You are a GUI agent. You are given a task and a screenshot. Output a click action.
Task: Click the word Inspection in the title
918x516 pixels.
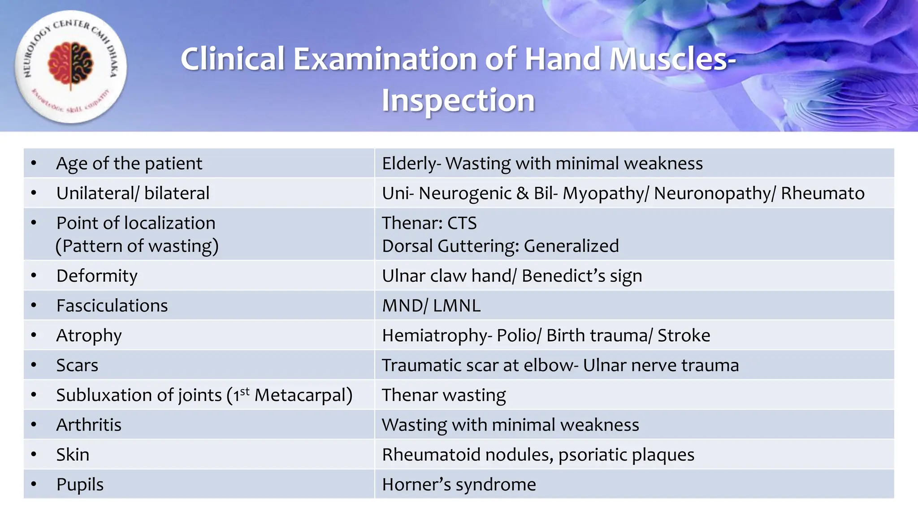coord(458,100)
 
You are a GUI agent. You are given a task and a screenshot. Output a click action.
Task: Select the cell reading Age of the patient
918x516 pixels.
coord(129,163)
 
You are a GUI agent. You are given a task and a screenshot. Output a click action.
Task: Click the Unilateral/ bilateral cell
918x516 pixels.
coord(133,193)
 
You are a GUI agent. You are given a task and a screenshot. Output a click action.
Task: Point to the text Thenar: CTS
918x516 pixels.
coord(429,223)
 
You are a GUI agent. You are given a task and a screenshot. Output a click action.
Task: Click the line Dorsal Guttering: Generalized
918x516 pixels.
coord(500,246)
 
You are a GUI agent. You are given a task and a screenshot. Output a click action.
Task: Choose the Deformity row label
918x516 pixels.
coord(97,276)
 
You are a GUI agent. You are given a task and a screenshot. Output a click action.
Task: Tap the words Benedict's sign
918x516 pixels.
coord(581,276)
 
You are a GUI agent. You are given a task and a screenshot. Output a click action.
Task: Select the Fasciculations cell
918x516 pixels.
coord(112,305)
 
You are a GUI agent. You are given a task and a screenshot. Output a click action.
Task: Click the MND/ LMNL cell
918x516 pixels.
coord(431,305)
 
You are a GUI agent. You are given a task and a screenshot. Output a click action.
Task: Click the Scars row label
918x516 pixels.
coord(77,365)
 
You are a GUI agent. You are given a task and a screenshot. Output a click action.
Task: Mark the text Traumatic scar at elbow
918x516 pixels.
coord(477,365)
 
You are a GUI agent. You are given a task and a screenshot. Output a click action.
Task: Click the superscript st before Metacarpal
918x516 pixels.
coord(245,391)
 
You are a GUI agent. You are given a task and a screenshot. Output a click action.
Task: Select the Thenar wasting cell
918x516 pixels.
coord(444,395)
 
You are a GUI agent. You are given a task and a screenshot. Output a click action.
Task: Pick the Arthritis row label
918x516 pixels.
coord(89,425)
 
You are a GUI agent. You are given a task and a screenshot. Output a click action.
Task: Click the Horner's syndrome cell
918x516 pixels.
coord(459,485)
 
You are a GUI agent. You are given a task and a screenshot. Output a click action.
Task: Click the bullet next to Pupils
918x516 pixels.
coord(34,484)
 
